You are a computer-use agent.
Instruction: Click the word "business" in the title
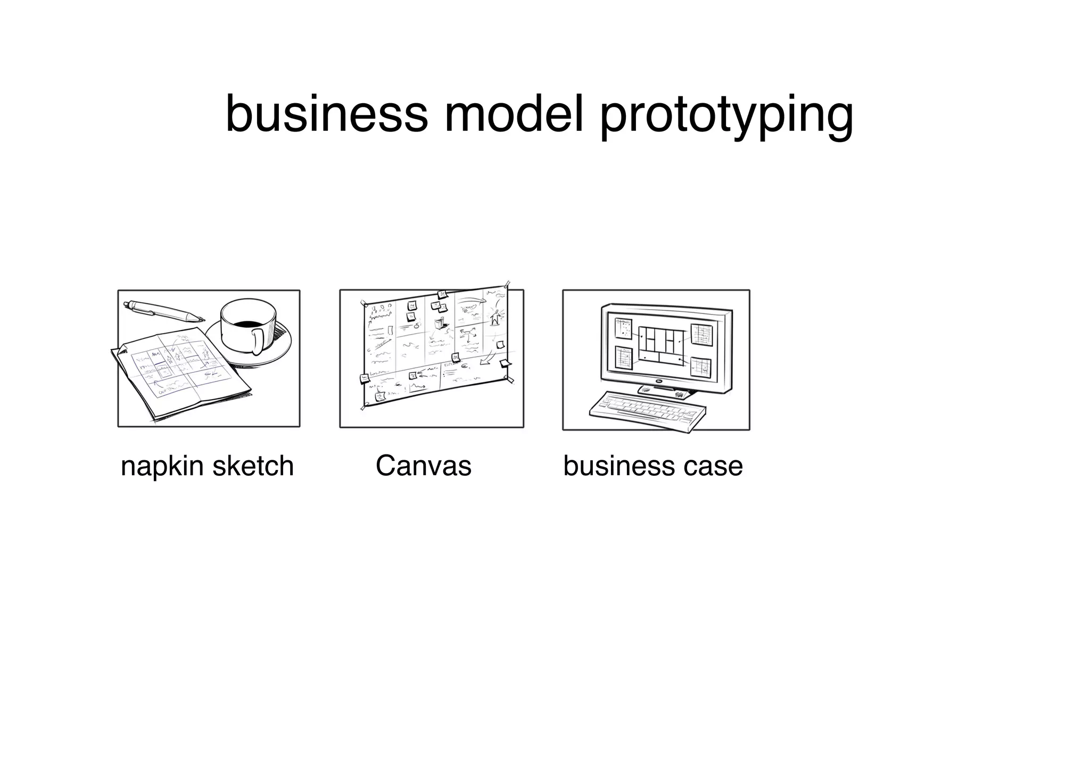[x=326, y=114]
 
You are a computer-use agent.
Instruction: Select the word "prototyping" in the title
[x=726, y=116]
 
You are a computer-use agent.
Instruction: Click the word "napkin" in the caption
[x=162, y=467]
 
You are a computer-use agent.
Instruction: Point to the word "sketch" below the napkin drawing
[x=253, y=466]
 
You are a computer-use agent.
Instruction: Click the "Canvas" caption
[x=423, y=466]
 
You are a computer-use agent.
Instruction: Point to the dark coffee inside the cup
[x=247, y=324]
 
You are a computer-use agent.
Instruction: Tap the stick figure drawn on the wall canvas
[x=496, y=317]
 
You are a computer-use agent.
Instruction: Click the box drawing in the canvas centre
[x=439, y=322]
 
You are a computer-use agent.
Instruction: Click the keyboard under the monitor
[x=648, y=411]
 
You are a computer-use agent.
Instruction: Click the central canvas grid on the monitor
[x=662, y=346]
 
